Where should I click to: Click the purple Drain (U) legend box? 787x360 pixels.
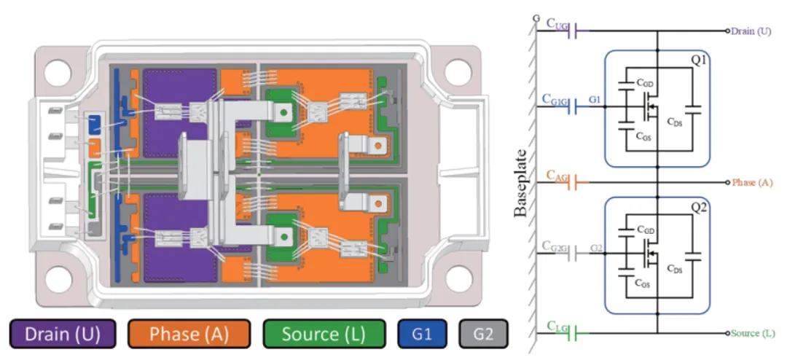[x=60, y=334]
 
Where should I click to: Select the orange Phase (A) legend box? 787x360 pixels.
[x=188, y=334]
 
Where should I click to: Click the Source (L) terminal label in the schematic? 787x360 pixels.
[x=753, y=333]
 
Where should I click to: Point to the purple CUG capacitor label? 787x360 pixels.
[x=557, y=26]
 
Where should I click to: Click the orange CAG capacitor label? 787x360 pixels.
[x=557, y=177]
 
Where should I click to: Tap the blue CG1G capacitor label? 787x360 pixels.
[x=556, y=101]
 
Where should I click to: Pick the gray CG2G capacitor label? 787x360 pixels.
[x=556, y=248]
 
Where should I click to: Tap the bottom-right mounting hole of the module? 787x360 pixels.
[x=457, y=278]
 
